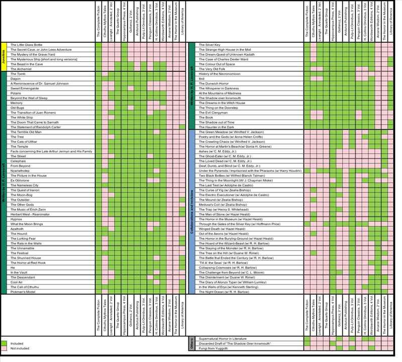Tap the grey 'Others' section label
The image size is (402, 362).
pos(191,344)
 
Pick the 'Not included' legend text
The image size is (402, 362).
pos(20,348)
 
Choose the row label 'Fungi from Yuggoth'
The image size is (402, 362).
pos(215,348)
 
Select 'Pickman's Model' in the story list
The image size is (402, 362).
pos(22,291)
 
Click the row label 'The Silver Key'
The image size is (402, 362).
pos(210,45)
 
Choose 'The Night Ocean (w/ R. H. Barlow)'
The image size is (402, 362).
pos(224,292)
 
